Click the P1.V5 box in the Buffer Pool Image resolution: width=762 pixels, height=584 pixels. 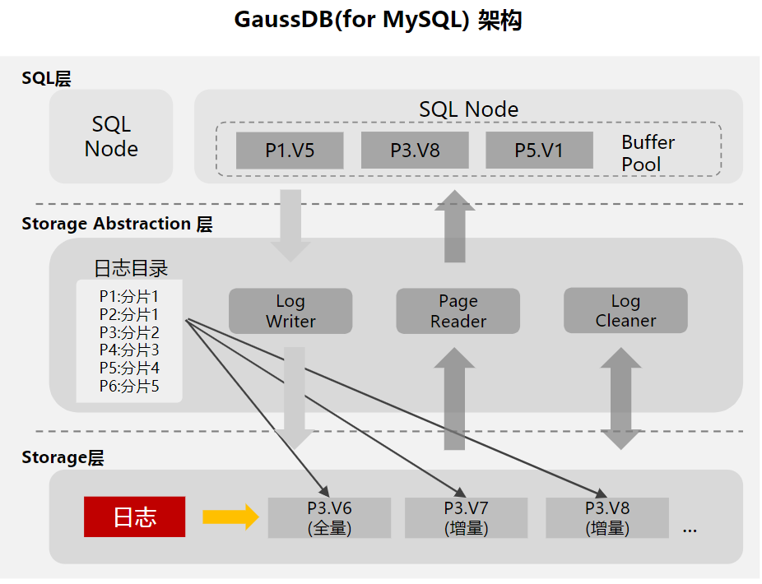point(290,151)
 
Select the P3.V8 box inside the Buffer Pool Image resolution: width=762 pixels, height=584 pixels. point(415,151)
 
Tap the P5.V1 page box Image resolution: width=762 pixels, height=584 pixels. point(539,151)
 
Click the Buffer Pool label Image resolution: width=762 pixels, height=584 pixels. point(648,153)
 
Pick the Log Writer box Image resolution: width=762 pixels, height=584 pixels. point(290,311)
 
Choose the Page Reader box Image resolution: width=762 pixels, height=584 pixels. point(458,311)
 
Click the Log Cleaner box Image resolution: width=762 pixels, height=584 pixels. point(625,310)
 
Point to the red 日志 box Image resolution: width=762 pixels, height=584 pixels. point(134,517)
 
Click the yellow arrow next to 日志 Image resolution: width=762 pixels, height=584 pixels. point(230,517)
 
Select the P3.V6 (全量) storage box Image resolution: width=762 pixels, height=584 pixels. point(329,517)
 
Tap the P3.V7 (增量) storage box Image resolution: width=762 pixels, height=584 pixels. point(466,517)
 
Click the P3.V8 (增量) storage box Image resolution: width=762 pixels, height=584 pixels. point(607,517)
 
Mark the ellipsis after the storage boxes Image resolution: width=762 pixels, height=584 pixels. point(690,530)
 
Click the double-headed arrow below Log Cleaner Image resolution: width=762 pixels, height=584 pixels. point(620,398)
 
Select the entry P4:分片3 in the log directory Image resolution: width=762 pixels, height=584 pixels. point(129,350)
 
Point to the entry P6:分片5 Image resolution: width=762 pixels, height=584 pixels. point(129,386)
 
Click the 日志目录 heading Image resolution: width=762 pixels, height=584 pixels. point(131,268)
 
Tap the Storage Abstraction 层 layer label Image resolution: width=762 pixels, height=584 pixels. point(117,224)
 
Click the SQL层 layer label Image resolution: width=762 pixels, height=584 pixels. point(46,78)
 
